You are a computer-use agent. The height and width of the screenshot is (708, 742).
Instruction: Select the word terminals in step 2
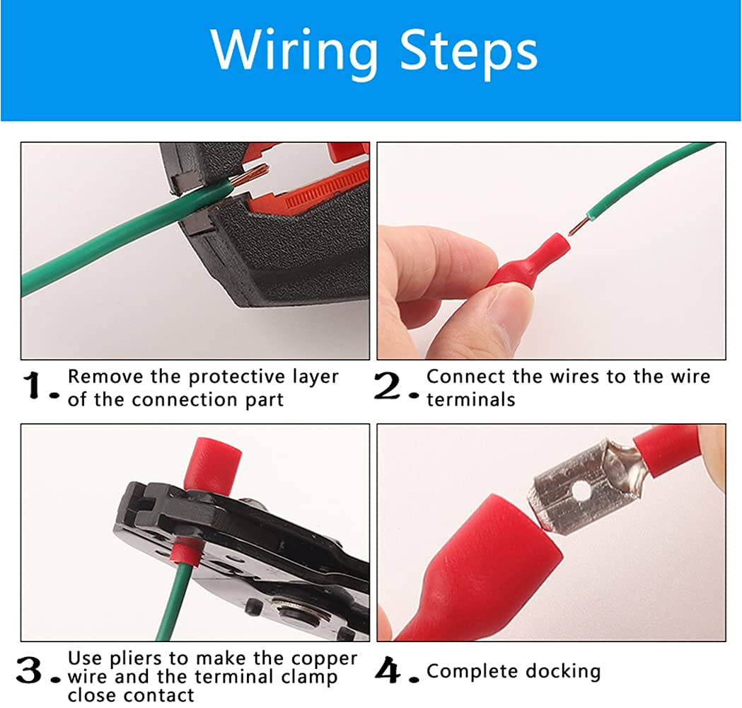point(470,399)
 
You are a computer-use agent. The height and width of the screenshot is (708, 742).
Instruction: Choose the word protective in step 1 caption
point(240,377)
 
